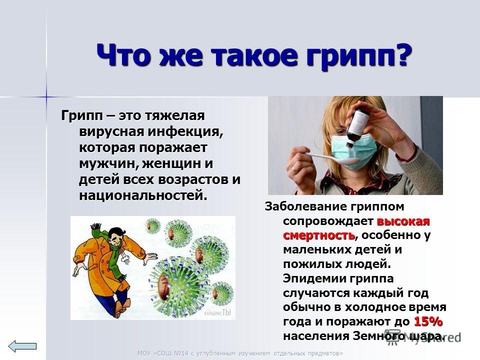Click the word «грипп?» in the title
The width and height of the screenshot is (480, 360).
359,55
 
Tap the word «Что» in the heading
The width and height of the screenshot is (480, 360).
125,55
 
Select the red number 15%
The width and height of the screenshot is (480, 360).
428,321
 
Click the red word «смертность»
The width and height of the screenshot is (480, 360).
319,235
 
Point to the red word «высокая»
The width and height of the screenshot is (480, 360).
403,220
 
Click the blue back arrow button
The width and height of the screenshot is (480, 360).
22,346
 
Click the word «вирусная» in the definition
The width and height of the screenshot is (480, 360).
111,131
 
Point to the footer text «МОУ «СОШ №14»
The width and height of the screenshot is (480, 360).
162,353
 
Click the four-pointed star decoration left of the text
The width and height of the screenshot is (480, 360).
46,97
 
